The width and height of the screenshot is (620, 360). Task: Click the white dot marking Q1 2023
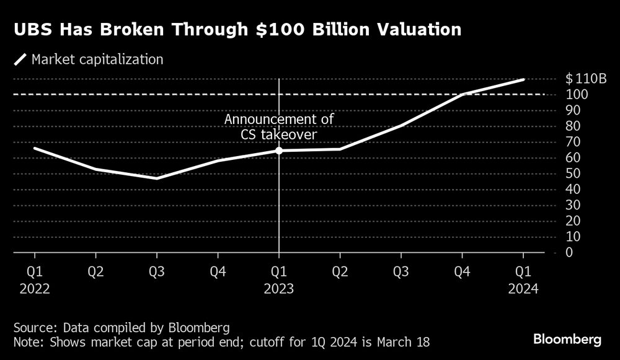coord(279,151)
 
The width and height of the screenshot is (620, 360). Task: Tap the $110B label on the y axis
coord(585,79)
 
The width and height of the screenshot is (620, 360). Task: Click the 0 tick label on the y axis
coord(569,253)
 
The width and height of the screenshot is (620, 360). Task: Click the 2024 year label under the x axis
coord(523,288)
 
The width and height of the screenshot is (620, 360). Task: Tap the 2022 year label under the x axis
coord(35,288)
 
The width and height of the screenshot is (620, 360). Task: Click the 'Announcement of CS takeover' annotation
coord(279,126)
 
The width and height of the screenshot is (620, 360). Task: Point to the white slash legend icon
coord(20,60)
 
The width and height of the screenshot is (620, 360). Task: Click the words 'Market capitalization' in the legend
coord(97,60)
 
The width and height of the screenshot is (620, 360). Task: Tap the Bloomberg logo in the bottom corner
coord(567,340)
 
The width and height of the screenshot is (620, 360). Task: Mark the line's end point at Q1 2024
coord(523,79)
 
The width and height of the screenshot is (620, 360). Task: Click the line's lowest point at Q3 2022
coord(157,178)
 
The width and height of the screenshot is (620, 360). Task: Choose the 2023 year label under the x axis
coord(279,288)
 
